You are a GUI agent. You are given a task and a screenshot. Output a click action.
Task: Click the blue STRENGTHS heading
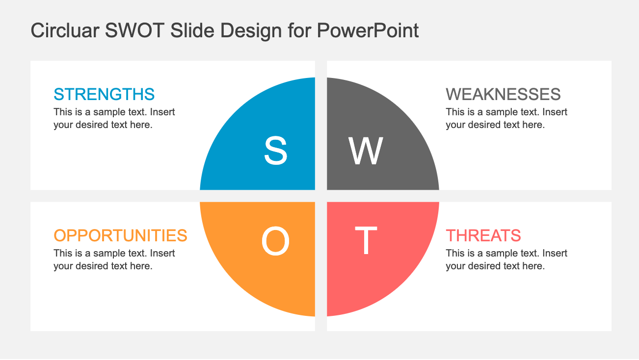point(104,94)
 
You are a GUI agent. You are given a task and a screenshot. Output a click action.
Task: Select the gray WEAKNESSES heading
point(503,94)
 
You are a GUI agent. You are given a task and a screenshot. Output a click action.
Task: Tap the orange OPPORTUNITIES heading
point(120,235)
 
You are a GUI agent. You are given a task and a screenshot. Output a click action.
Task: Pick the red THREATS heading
point(483,235)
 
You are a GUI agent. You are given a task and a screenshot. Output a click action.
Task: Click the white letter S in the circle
point(275,151)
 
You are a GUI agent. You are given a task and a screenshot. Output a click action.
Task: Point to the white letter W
point(366,151)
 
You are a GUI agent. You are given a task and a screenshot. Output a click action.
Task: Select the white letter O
point(275,242)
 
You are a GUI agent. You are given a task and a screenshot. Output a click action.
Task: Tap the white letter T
point(366,241)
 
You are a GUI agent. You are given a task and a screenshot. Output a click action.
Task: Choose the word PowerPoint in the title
point(368,30)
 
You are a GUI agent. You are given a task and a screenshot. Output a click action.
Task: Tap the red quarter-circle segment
point(393,275)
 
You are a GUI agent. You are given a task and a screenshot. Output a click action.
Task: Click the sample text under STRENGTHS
point(114,118)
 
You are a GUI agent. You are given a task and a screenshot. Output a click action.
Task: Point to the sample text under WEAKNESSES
point(506,118)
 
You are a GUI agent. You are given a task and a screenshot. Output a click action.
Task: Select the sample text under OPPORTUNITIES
point(114,259)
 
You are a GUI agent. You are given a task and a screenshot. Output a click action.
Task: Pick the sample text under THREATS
point(506,259)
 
